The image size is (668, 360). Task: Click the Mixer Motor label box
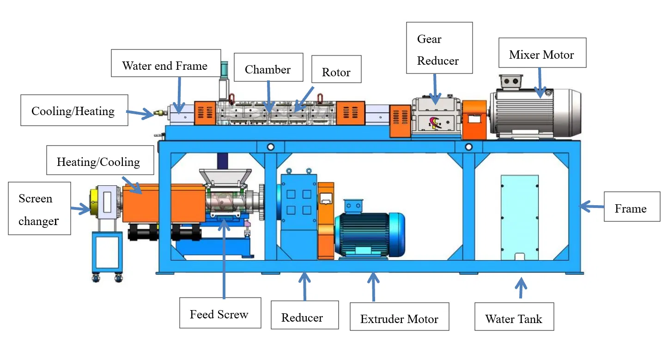click(x=542, y=55)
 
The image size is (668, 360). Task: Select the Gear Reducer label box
click(x=439, y=48)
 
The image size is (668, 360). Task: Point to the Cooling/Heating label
click(x=74, y=110)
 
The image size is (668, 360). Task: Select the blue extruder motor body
click(x=370, y=234)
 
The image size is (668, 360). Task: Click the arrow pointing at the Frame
click(x=591, y=206)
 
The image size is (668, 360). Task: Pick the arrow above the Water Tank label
click(x=521, y=287)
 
